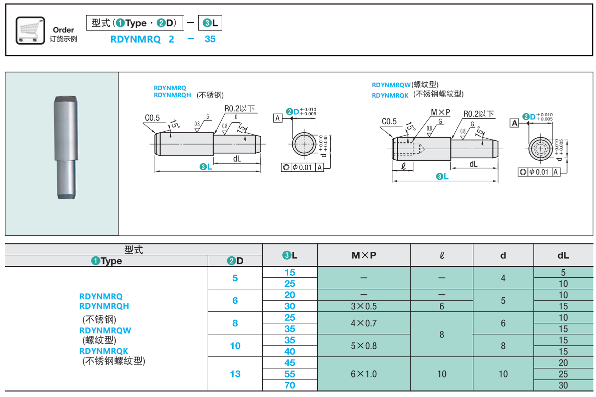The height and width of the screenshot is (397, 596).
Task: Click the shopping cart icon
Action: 31,30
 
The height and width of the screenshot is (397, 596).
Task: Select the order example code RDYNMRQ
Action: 135,39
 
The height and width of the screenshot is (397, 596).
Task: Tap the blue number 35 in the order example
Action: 210,39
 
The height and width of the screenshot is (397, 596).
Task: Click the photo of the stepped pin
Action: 65,148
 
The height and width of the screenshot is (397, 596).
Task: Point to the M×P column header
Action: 364,255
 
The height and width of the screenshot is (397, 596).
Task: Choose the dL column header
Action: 563,255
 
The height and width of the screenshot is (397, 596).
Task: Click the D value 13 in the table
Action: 235,374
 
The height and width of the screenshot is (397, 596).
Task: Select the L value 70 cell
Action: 290,385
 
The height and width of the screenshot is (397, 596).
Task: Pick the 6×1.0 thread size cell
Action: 364,374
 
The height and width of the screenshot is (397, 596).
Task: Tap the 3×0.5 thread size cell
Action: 364,306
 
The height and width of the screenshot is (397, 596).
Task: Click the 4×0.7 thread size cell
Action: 364,323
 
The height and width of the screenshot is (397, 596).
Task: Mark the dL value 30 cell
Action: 563,385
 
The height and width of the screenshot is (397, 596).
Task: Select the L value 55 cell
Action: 290,374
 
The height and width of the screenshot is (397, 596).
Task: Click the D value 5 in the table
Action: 235,278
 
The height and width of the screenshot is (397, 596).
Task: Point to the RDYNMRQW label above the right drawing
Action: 391,85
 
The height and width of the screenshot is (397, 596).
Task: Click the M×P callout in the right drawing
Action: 440,112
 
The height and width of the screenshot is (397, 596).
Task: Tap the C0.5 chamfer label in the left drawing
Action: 152,118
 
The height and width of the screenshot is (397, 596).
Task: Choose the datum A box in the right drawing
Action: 514,123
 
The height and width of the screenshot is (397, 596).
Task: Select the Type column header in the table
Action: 107,261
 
